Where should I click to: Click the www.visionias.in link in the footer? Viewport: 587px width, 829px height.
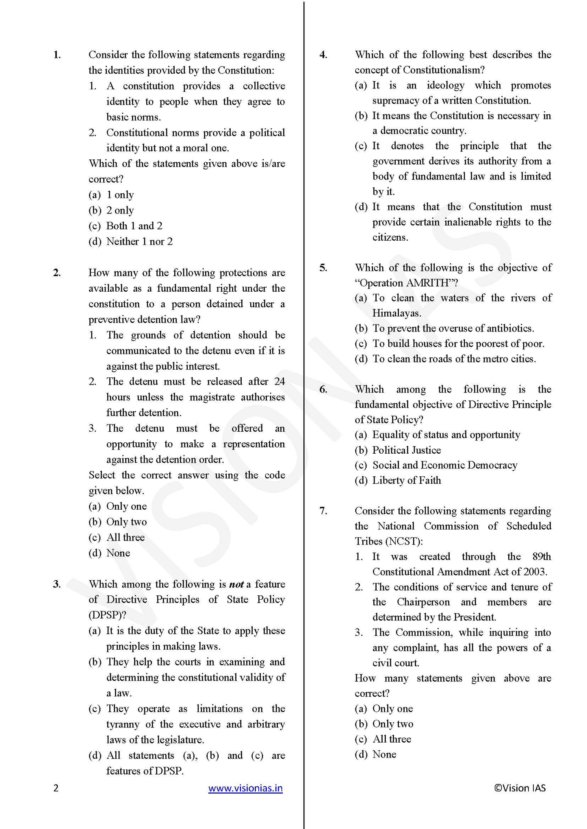[x=245, y=788]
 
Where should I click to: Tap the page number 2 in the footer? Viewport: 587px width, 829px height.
[x=56, y=788]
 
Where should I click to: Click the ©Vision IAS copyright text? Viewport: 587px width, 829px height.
[x=520, y=788]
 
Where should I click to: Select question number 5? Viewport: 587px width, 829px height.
[x=323, y=268]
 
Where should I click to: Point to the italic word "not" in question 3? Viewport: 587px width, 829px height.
[x=236, y=584]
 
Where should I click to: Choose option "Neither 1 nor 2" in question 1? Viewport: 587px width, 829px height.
[x=139, y=241]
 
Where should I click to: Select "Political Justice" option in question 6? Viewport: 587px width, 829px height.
[x=406, y=450]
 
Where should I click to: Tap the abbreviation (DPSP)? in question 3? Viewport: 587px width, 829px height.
[x=107, y=615]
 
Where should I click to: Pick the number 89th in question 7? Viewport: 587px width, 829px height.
[x=542, y=556]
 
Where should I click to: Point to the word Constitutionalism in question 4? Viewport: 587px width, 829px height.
[x=443, y=70]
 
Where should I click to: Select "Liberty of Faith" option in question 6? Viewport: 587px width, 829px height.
[x=406, y=480]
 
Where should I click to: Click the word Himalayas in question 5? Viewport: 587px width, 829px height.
[x=396, y=313]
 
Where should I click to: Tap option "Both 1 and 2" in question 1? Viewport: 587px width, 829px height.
[x=134, y=226]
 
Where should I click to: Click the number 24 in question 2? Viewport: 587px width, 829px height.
[x=279, y=381]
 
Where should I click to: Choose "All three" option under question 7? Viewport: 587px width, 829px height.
[x=392, y=739]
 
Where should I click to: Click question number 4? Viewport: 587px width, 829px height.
[x=323, y=55]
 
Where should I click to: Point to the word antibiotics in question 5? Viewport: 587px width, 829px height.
[x=509, y=328]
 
